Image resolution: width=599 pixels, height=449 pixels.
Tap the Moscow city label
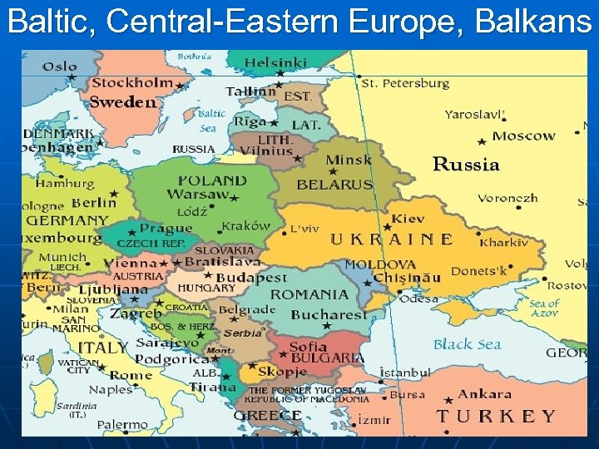523,136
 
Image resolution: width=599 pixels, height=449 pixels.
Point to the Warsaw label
197,195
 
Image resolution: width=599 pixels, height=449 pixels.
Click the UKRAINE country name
392,239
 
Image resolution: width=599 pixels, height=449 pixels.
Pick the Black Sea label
468,343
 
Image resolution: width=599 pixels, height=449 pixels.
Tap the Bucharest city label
329,315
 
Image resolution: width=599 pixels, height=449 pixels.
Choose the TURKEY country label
496,416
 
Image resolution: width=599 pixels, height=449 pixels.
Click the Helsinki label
275,62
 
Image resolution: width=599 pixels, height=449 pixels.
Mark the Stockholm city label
132,83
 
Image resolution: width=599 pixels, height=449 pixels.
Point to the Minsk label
349,160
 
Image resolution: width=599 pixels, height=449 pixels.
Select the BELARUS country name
334,185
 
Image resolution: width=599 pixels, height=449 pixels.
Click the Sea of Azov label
545,308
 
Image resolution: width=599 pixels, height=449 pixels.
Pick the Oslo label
59,67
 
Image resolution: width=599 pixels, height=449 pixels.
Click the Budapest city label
252,278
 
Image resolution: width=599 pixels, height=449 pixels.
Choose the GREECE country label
267,415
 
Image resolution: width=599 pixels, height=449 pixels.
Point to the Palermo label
123,424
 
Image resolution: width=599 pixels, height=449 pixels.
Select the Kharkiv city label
504,243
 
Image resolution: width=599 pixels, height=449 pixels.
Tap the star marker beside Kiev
388,226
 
